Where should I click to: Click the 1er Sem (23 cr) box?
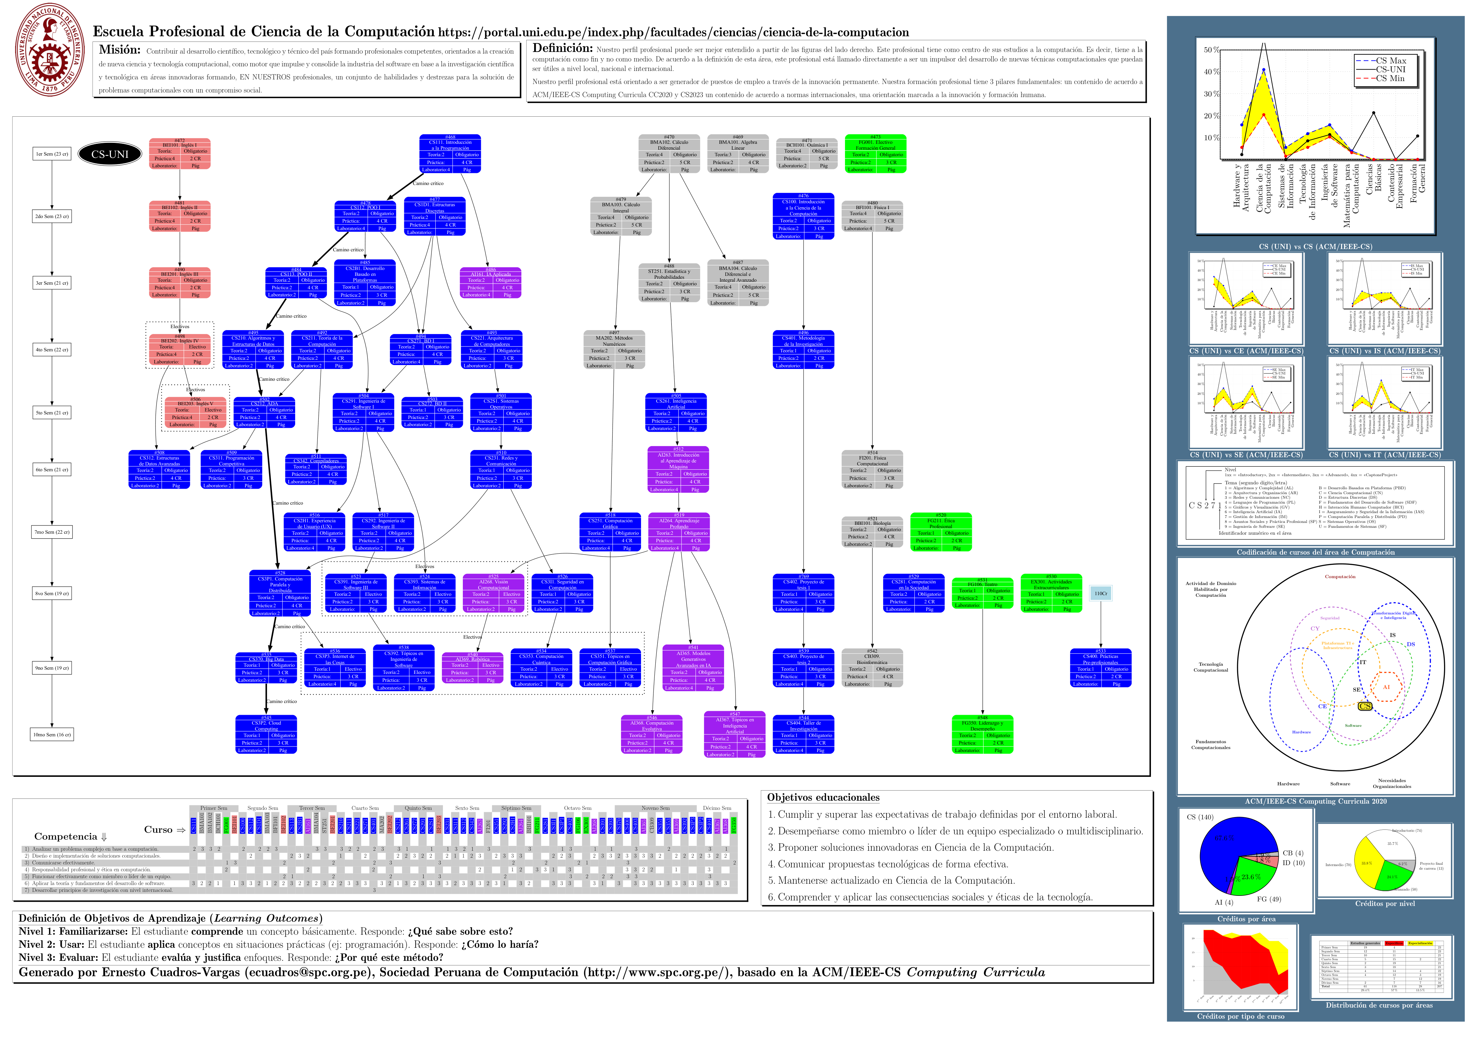click(52, 154)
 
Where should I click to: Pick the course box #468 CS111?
click(450, 153)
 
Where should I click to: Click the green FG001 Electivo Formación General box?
click(875, 153)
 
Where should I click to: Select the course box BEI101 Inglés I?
click(180, 153)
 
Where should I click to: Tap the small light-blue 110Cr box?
click(1100, 593)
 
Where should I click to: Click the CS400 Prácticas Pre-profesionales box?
click(1100, 668)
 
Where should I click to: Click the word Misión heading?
click(120, 50)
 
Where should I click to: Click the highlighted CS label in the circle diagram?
click(1365, 706)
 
